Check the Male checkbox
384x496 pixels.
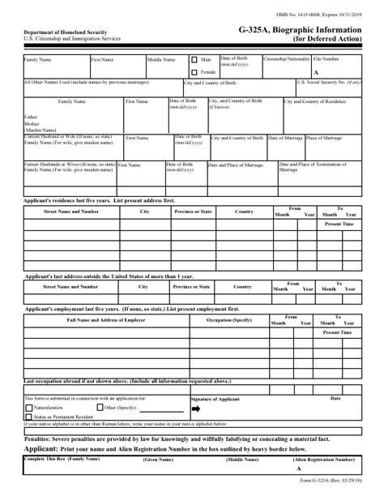click(194, 60)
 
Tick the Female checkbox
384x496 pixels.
click(194, 71)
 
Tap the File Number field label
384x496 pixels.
click(327, 59)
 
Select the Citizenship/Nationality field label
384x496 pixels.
click(287, 59)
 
